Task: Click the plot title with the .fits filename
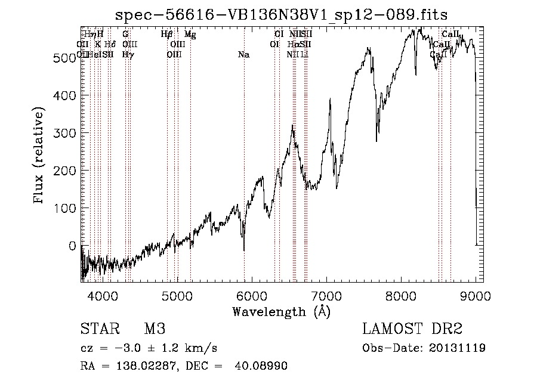coord(282,14)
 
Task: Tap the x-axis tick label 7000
coord(326,295)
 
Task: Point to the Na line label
coord(243,55)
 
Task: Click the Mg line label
coord(190,35)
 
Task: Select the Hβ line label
coord(167,35)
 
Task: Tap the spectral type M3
coord(155,329)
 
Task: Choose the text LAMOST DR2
coord(412,329)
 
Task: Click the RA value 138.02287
coord(136,366)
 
